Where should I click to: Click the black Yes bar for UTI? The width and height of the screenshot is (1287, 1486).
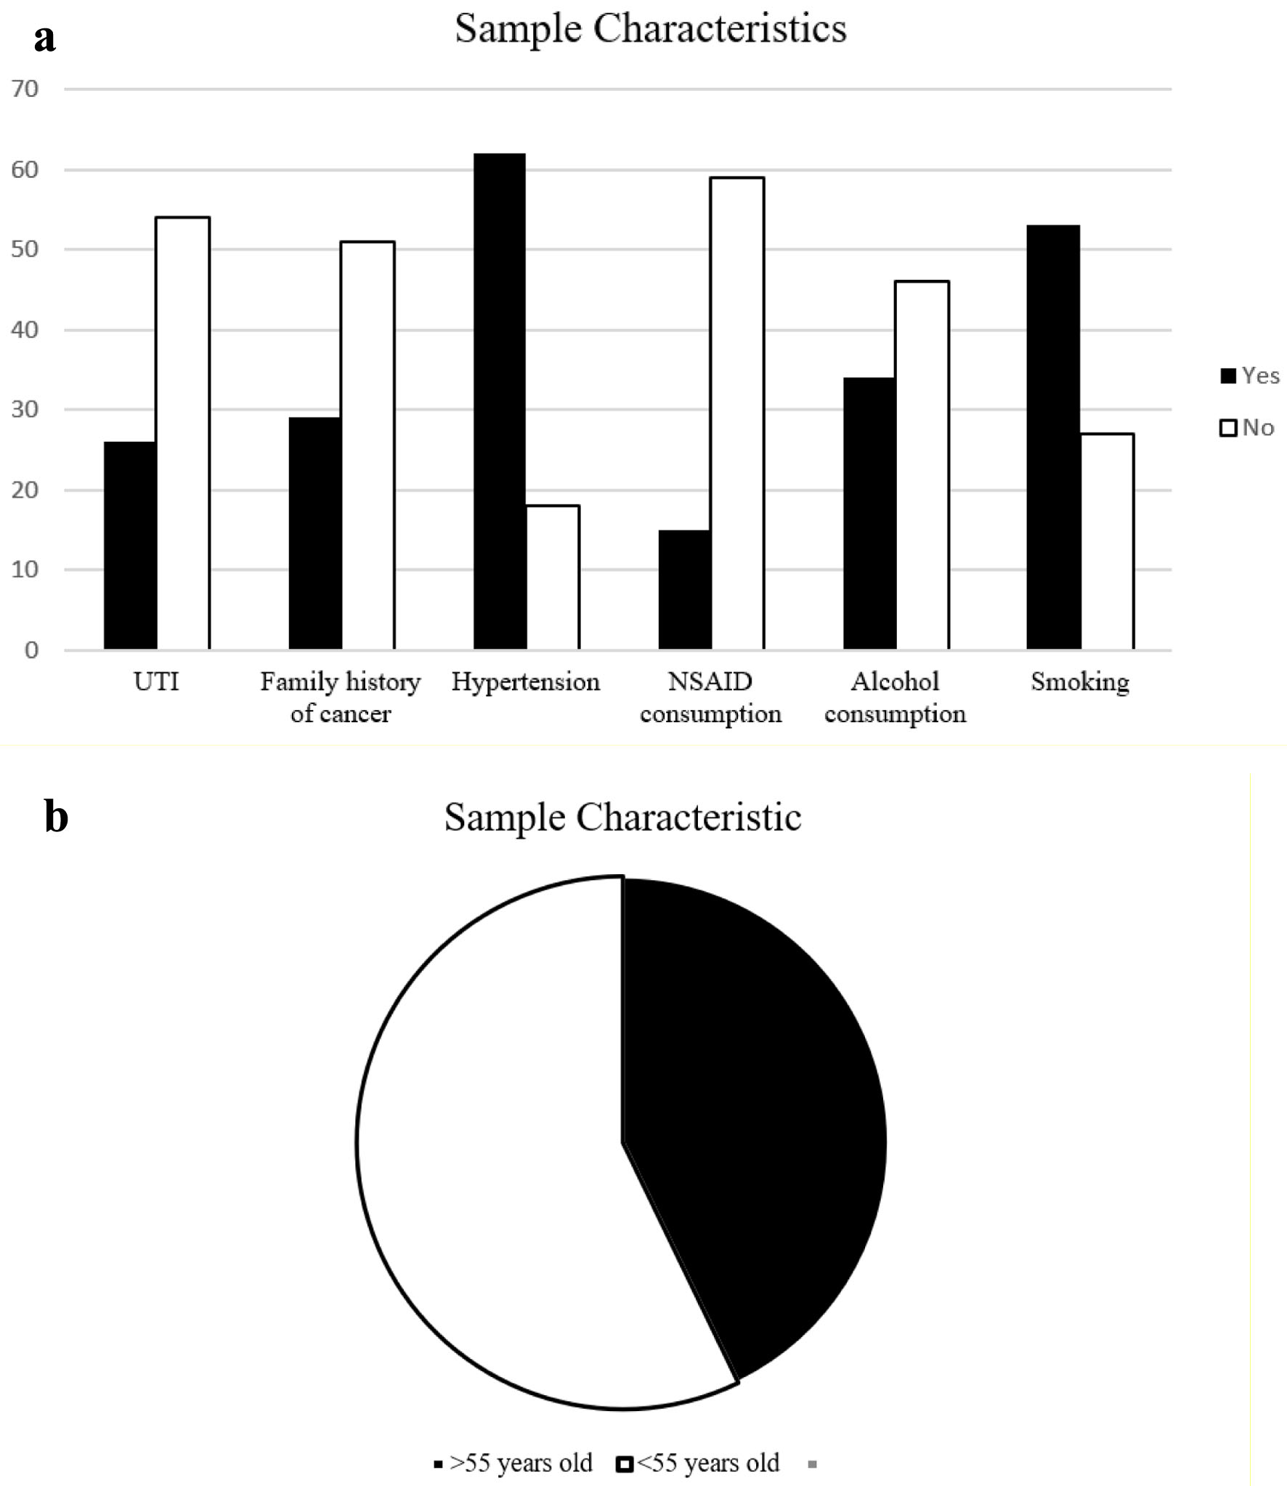(130, 545)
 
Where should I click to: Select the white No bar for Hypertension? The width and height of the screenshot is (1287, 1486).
(553, 577)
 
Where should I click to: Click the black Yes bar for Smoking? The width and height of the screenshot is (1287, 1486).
(1052, 437)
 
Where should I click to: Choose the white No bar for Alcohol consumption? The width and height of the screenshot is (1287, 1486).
(922, 464)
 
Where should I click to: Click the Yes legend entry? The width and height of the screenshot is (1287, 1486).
(1250, 376)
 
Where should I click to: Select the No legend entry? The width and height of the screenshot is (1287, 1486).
(1247, 427)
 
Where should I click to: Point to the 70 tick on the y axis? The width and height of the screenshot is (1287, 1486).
(25, 89)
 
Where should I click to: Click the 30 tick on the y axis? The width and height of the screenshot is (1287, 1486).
(25, 410)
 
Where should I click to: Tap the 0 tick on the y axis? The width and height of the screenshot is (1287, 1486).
(31, 650)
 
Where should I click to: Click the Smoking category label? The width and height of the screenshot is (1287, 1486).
(1079, 682)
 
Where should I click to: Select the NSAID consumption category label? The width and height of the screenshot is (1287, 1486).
(710, 698)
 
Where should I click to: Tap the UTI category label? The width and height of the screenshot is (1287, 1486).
(156, 682)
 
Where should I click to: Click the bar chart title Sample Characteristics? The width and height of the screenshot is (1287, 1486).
(650, 29)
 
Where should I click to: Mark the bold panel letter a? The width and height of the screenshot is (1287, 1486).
(44, 38)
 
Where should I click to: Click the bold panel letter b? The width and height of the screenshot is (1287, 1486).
(56, 816)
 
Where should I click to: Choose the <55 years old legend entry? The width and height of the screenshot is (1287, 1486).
(698, 1463)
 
